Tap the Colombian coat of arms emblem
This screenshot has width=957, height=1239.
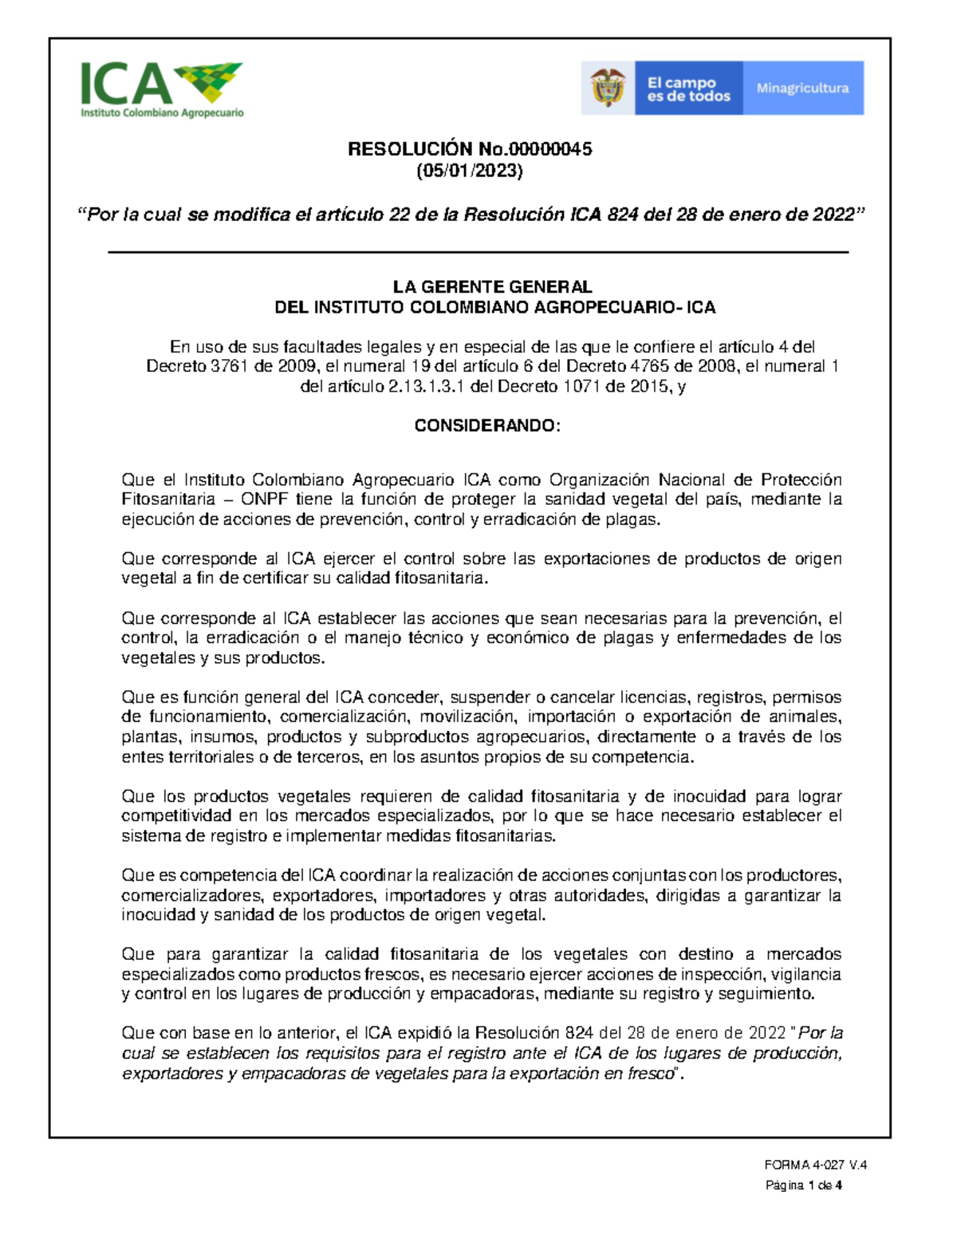pos(608,88)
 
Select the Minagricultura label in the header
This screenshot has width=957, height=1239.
pos(802,89)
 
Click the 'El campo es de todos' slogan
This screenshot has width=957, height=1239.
pos(688,89)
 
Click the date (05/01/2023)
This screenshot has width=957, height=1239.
pos(470,170)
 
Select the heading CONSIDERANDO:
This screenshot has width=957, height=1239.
pos(487,425)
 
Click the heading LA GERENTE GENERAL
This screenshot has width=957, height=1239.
pos(492,287)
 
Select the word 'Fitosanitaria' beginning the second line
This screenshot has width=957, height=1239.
pos(168,499)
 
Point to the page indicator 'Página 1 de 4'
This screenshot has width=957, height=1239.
pos(804,1186)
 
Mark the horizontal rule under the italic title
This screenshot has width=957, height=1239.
pos(478,252)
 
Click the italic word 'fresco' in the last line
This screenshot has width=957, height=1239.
pos(651,1074)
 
